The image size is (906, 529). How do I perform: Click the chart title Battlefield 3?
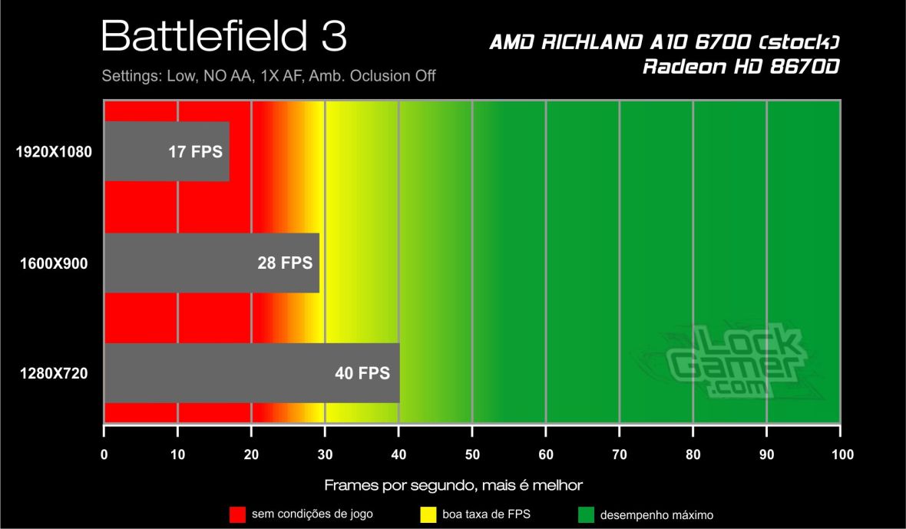coord(223,37)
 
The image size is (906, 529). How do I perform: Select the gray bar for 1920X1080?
coord(166,151)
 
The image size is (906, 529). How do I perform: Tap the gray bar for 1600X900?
coord(211,263)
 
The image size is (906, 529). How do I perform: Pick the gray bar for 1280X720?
coord(251,373)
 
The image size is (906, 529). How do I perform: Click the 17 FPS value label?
coord(195,152)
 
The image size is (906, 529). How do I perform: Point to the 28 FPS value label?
coord(285,263)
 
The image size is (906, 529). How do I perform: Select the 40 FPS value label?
coord(362,374)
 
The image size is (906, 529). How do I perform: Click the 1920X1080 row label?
coord(54,152)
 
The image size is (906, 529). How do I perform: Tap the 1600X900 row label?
coord(54,263)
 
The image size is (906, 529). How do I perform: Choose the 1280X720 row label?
coord(54,374)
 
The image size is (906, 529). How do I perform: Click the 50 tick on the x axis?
coord(472,455)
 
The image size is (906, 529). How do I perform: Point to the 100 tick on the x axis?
coord(841,455)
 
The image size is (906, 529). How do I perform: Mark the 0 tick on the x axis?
coord(104,455)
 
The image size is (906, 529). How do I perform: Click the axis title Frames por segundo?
coord(453,485)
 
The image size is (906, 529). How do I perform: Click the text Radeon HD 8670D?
coord(741,67)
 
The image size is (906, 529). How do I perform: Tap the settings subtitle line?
coord(269,76)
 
